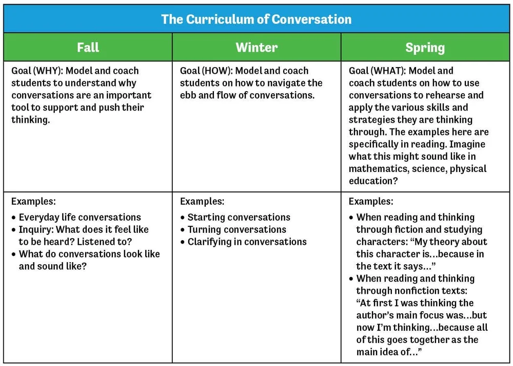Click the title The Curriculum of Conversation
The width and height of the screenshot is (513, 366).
click(x=256, y=19)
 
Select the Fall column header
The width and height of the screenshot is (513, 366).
click(x=88, y=48)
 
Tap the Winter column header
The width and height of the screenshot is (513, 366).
click(x=256, y=48)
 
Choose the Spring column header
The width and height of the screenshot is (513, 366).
click(x=425, y=48)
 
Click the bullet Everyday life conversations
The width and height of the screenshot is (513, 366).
click(x=80, y=217)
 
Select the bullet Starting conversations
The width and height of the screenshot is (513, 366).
click(x=239, y=217)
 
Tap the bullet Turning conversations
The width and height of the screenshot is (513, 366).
click(x=236, y=229)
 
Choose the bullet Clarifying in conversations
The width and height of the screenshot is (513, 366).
click(x=247, y=242)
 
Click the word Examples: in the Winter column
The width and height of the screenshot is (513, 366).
click(x=202, y=201)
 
